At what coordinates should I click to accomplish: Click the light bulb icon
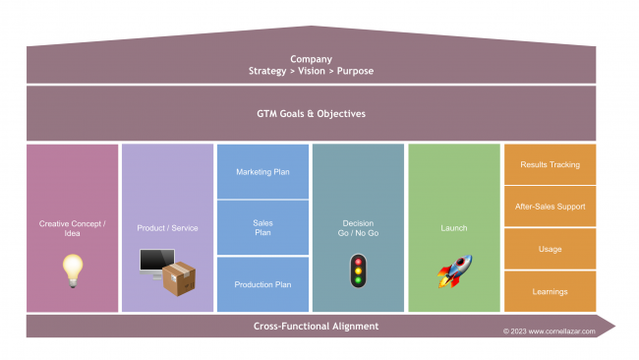click(x=72, y=270)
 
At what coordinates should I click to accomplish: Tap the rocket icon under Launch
click(x=454, y=271)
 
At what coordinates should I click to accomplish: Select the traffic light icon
click(x=358, y=270)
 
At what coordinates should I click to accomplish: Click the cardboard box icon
click(x=180, y=278)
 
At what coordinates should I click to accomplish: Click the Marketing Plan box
click(x=261, y=172)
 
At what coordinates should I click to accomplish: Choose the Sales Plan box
click(x=261, y=228)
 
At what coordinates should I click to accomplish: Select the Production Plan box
click(x=261, y=284)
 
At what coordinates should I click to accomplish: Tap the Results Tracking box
click(x=550, y=164)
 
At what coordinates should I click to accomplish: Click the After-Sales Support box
click(x=550, y=207)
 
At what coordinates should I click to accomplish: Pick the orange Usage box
click(x=550, y=249)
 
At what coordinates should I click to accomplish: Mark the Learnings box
click(x=550, y=291)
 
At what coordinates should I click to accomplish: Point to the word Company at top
click(x=311, y=59)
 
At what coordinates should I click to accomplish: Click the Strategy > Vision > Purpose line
click(x=311, y=71)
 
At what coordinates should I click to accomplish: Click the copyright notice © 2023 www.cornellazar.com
click(x=549, y=331)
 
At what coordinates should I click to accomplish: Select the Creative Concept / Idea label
click(x=72, y=228)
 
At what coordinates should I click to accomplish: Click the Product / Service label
click(x=167, y=228)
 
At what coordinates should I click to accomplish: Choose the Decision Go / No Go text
click(x=358, y=228)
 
